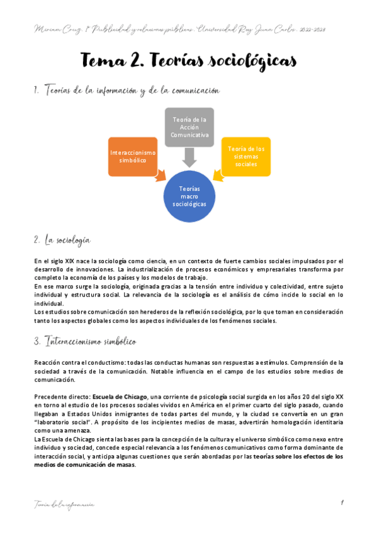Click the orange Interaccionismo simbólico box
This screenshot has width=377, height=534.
133,156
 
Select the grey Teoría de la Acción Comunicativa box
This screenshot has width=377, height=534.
189,127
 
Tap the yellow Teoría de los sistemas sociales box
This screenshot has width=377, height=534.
245,156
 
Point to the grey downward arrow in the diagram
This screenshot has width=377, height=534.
189,156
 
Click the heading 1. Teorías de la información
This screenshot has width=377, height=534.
126,91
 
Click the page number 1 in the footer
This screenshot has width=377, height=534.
340,502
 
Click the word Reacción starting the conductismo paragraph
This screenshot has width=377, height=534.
49,362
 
